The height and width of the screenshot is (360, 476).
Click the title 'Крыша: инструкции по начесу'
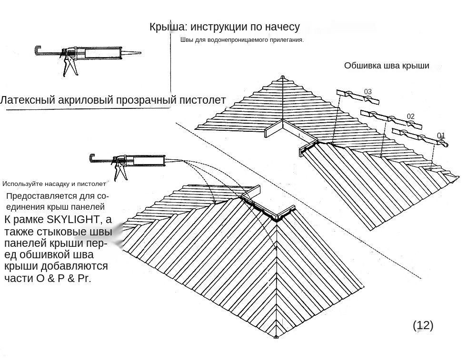(224, 27)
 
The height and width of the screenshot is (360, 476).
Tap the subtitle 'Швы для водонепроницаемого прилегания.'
(242, 40)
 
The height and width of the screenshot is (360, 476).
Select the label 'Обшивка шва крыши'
(387, 66)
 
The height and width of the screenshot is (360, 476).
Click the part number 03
(368, 92)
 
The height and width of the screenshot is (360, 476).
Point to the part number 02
(411, 117)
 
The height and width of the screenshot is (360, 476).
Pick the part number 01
(441, 136)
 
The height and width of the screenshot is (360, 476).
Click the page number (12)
(423, 325)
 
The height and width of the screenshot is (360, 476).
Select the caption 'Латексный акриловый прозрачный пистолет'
(113, 100)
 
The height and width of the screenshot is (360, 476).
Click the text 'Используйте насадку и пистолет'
(54, 184)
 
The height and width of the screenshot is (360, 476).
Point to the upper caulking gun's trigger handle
(70, 66)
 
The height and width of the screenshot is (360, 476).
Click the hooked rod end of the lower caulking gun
(92, 157)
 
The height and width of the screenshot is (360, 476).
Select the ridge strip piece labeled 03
(358, 97)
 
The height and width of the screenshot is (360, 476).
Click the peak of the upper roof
(283, 77)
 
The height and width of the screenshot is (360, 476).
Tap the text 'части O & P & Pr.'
(48, 278)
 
